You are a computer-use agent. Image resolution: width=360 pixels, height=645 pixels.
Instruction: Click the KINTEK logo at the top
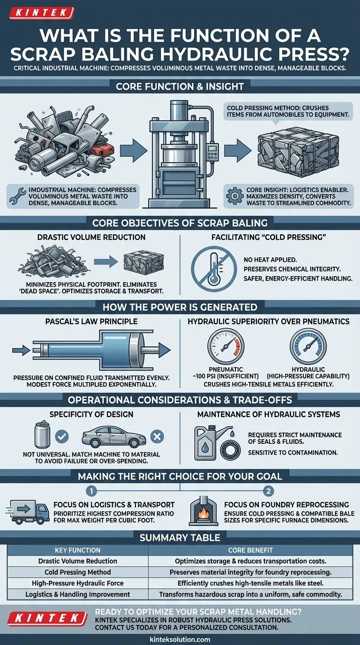click(x=42, y=13)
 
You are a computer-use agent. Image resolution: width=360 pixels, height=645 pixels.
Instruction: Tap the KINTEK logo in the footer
click(x=47, y=618)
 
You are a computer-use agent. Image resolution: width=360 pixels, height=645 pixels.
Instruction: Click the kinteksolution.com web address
click(x=180, y=639)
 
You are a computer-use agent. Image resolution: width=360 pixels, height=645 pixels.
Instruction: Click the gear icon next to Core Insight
click(x=235, y=196)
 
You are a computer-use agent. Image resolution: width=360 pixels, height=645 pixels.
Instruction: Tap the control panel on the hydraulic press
click(x=212, y=153)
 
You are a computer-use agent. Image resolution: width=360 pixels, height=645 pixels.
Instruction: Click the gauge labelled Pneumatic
click(x=226, y=346)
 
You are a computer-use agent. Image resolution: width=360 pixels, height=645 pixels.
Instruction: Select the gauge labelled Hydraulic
click(x=308, y=346)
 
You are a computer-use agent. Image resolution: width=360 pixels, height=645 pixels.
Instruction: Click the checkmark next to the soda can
click(x=62, y=436)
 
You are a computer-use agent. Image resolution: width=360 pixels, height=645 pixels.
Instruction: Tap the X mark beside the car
click(x=157, y=436)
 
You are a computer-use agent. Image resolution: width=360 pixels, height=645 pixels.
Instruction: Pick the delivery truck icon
click(x=27, y=512)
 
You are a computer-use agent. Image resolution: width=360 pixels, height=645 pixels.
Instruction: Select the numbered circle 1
click(x=91, y=491)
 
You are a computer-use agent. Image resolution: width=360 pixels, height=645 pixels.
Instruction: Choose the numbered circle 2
click(x=269, y=491)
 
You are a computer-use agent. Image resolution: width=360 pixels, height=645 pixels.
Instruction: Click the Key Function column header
click(x=78, y=550)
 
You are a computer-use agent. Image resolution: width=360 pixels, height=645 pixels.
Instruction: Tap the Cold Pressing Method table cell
click(x=78, y=572)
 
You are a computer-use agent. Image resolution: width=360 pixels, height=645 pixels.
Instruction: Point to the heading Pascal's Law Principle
click(x=91, y=322)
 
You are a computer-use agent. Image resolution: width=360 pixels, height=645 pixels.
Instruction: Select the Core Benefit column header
click(x=250, y=550)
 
